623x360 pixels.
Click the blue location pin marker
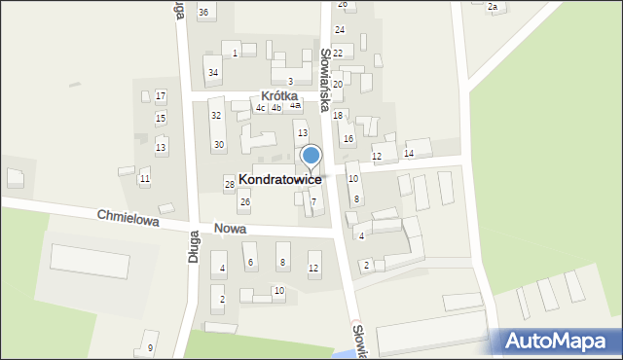(x=311, y=156)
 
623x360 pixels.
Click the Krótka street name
(x=278, y=96)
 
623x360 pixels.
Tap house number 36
(x=203, y=12)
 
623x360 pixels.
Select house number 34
(x=213, y=73)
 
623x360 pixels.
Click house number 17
(x=161, y=95)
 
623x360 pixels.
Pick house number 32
(x=216, y=116)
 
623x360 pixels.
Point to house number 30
(x=219, y=145)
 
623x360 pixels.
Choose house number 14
(x=409, y=154)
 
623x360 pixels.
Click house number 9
(x=150, y=347)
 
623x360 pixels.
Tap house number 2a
(x=493, y=7)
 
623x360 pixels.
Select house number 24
(x=340, y=30)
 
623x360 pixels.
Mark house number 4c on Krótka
(x=260, y=108)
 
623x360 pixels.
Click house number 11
(x=144, y=179)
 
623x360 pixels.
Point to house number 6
(x=251, y=262)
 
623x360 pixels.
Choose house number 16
(x=348, y=139)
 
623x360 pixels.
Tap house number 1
(x=236, y=53)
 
